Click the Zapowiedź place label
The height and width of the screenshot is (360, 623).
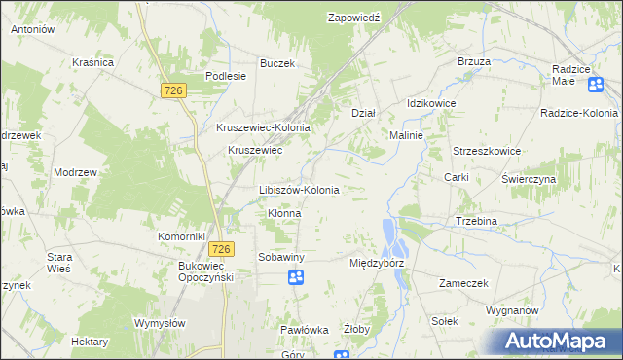click(353, 18)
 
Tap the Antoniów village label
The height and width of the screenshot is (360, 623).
click(32, 30)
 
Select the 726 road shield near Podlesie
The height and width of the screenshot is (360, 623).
click(174, 90)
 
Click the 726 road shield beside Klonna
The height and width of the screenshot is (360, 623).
click(221, 249)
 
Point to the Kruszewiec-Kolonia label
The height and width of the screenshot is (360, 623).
click(263, 127)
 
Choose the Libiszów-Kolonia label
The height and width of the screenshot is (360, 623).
click(299, 190)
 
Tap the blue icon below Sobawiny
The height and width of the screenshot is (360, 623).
click(296, 279)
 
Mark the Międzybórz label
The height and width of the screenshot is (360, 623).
click(376, 263)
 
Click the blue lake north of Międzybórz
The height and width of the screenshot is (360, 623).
click(389, 234)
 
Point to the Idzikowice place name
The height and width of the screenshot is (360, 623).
click(431, 103)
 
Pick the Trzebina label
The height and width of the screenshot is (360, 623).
click(476, 221)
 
